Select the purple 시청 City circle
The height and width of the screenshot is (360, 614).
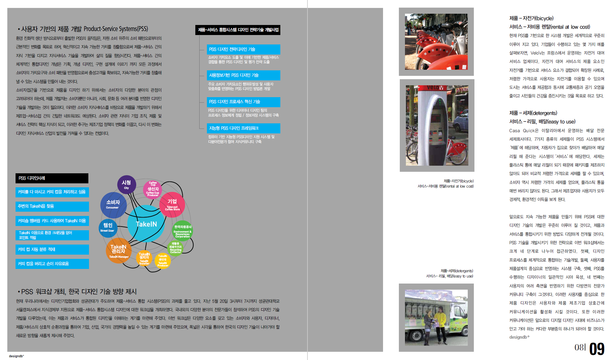[126, 184]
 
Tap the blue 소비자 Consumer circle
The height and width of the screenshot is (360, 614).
[113, 205]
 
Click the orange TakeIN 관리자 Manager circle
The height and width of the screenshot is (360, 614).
[119, 251]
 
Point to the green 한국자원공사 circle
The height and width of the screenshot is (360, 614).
[183, 231]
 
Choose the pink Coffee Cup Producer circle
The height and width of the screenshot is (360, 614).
[153, 189]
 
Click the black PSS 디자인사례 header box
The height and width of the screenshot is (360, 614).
[52, 178]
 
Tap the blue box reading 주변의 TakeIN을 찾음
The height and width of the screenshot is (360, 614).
[52, 206]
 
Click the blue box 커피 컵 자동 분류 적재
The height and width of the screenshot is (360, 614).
[52, 249]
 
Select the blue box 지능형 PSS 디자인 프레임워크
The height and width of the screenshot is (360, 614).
[243, 128]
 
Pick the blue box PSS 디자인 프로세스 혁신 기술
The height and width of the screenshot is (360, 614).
[243, 102]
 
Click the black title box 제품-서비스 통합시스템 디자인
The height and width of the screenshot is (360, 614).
[238, 30]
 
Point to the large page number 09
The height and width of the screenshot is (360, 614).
[597, 349]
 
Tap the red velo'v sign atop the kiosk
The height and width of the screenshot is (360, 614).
[435, 88]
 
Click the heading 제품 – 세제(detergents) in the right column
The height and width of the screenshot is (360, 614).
[533, 113]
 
